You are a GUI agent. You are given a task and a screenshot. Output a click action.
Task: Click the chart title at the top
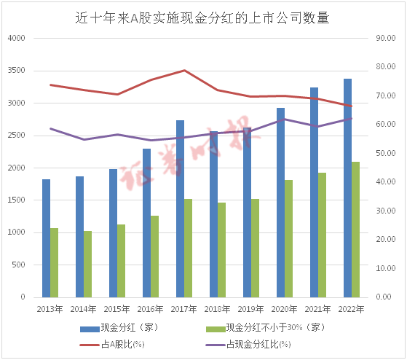pos(203,18)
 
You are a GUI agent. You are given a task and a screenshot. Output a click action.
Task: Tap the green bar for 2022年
pos(355,230)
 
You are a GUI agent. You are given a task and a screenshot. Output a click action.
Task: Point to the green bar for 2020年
pos(288,238)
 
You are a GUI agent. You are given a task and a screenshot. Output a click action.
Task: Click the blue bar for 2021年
pos(314,192)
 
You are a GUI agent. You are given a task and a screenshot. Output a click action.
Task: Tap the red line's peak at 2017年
pos(184,71)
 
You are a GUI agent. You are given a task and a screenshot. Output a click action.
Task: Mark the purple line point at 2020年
pos(284,119)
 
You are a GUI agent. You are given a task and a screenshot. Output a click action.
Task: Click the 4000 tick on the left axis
pos(15,39)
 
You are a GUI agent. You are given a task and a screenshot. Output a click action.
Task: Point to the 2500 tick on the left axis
pos(15,136)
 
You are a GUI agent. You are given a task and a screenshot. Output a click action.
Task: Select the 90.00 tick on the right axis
pos(386,39)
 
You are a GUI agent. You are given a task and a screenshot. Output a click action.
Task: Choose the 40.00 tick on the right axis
pos(386,182)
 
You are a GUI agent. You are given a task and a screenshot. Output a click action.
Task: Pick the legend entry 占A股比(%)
pos(124,344)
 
